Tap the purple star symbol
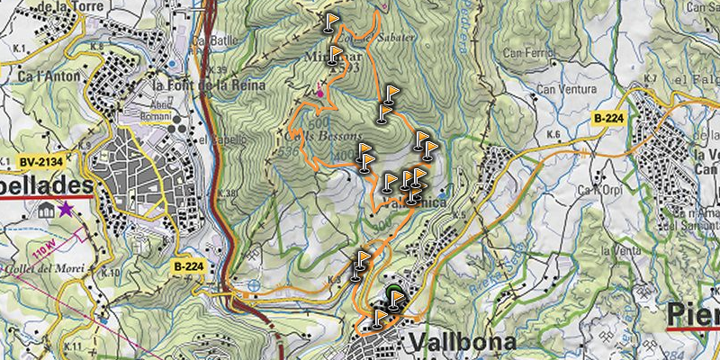click(67, 209)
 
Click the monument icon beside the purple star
click(45, 209)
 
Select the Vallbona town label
click(463, 343)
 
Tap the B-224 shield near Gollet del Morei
click(190, 266)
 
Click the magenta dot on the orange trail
click(319, 90)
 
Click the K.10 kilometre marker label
click(111, 272)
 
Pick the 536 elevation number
click(289, 152)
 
